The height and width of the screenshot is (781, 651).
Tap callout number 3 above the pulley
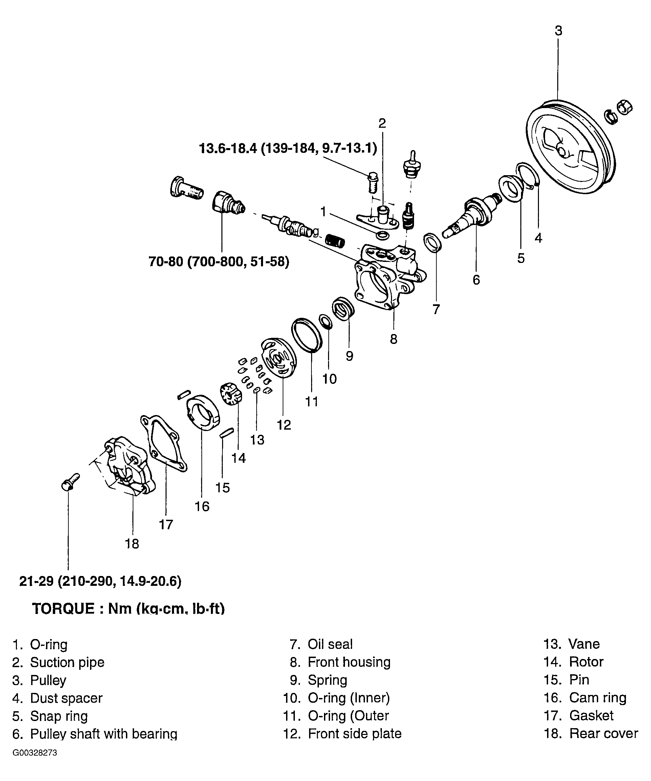coord(559,30)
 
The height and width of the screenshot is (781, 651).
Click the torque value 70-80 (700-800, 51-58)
coord(219,262)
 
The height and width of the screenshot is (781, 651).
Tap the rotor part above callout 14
coord(231,395)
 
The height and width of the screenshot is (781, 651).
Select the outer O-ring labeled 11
coord(307,335)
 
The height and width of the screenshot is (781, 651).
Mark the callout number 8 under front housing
coord(393,339)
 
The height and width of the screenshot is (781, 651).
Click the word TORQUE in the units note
coord(64,609)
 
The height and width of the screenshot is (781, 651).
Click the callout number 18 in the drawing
coord(132,544)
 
